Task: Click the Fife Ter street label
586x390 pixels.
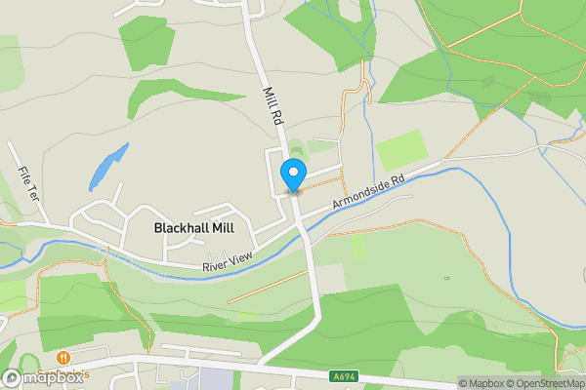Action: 25,182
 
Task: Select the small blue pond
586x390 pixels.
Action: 108,167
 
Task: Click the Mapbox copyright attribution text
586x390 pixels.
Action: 482,383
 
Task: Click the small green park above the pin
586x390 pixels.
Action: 296,146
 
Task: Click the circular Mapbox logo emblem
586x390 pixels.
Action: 13,377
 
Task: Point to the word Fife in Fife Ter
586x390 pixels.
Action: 22,176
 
